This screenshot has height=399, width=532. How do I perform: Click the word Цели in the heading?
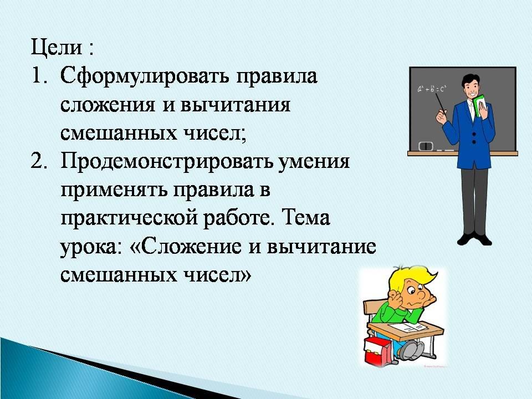[x=57, y=48]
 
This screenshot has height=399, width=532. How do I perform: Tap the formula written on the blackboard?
[x=432, y=89]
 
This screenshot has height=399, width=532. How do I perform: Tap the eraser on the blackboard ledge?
[x=426, y=146]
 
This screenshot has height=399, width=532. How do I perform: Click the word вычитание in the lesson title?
[x=321, y=247]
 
